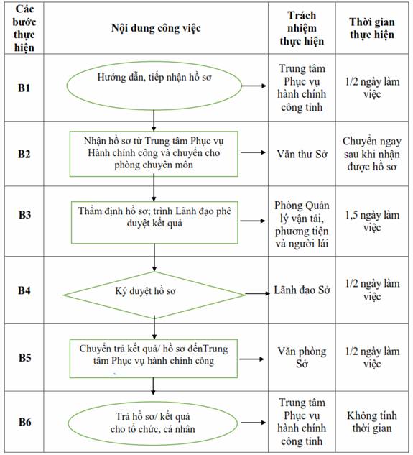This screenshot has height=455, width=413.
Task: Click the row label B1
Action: tap(24, 88)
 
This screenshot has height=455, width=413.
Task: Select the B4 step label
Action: tap(24, 290)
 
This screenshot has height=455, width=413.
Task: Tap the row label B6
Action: tap(24, 422)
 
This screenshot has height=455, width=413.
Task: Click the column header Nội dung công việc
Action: tap(156, 28)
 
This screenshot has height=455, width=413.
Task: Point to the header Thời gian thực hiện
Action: tap(372, 28)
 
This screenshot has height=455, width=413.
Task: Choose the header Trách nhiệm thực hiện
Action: tap(302, 28)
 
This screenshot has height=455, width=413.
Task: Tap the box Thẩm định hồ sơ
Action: tap(154, 223)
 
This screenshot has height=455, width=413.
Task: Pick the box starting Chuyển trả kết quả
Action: tap(154, 359)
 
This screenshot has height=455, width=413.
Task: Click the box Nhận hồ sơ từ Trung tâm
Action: tap(154, 154)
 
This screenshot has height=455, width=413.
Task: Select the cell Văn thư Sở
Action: tap(302, 154)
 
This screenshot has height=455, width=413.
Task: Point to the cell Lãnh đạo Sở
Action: tap(302, 290)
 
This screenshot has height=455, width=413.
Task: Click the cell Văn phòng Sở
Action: tap(302, 357)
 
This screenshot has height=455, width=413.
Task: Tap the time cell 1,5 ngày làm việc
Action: tap(372, 221)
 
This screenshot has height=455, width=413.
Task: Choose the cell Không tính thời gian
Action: tap(372, 422)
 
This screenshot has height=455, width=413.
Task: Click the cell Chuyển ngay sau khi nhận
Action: tap(372, 154)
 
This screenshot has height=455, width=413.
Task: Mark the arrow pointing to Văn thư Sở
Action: tap(254, 152)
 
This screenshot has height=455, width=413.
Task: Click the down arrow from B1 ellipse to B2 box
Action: tap(154, 121)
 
